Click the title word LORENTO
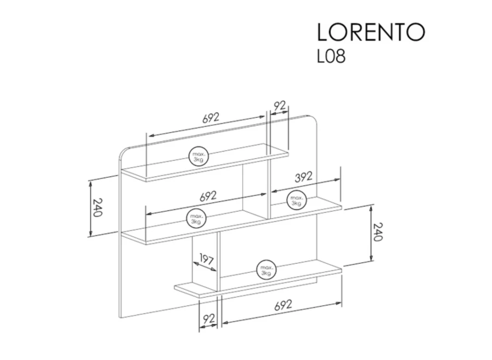click(371, 32)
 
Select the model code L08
click(331, 56)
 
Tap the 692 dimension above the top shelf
click(210, 118)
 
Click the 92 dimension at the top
click(280, 106)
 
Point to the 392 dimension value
click(303, 177)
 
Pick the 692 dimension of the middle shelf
click(208, 196)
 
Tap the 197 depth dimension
click(207, 259)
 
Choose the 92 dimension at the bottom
click(209, 319)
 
